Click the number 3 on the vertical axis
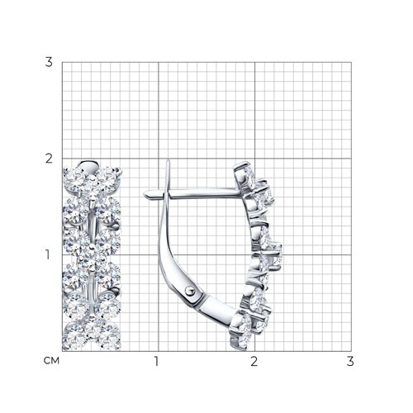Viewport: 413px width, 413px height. tap(49, 62)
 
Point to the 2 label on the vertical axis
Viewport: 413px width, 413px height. tap(49, 159)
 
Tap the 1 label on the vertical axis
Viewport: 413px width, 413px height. tap(48, 255)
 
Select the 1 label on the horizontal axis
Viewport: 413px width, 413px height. tap(157, 361)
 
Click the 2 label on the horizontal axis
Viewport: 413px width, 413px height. tap(254, 361)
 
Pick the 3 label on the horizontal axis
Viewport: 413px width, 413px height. tap(350, 361)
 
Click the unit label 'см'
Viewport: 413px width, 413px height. tap(51, 361)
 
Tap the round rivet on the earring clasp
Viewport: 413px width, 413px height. tap(190, 290)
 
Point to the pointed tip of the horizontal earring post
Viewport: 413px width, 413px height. tap(145, 195)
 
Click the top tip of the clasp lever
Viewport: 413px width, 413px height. tap(168, 161)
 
